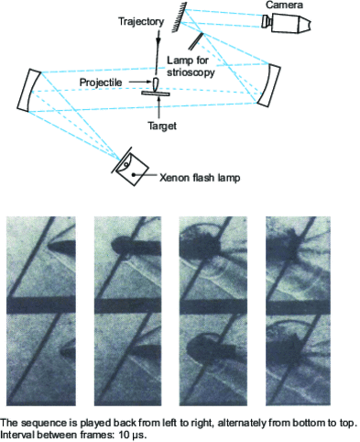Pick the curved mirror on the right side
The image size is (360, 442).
coord(265,83)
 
